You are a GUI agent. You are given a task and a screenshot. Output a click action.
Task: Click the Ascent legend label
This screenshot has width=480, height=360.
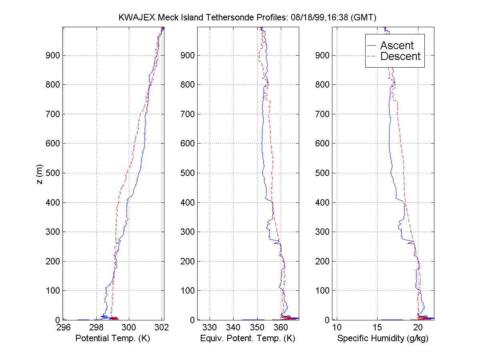pyautogui.click(x=397, y=46)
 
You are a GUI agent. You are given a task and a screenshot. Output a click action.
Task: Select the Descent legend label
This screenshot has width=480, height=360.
pyautogui.click(x=400, y=56)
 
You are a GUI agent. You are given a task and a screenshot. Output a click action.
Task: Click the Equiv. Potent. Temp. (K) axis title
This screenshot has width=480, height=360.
pyautogui.click(x=248, y=338)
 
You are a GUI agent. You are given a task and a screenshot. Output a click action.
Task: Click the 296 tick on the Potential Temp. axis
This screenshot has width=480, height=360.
pyautogui.click(x=63, y=328)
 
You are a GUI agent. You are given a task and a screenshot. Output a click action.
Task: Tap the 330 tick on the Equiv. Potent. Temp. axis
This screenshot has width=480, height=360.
pyautogui.click(x=210, y=328)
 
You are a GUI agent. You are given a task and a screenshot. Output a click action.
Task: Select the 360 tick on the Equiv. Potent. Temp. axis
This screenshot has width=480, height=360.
pyautogui.click(x=281, y=328)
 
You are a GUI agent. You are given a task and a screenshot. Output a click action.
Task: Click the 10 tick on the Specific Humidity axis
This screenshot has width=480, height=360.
pyautogui.click(x=337, y=328)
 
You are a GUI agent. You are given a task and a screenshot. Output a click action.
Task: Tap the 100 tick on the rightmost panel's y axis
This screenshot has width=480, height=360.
pyautogui.click(x=324, y=291)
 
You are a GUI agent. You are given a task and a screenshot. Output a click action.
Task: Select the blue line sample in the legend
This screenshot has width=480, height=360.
pyautogui.click(x=372, y=46)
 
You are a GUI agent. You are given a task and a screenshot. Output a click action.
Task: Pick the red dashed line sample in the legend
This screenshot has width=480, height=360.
pyautogui.click(x=372, y=56)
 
